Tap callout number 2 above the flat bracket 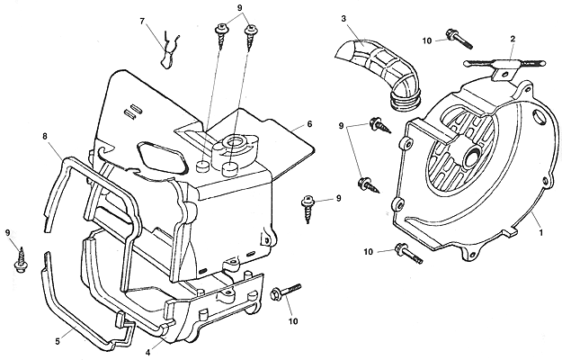pyautogui.click(x=512, y=40)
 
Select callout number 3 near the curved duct pyautogui.click(x=344, y=19)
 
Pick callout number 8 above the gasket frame pyautogui.click(x=44, y=136)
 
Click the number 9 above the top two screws pyautogui.click(x=239, y=8)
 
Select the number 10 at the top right pyautogui.click(x=426, y=40)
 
